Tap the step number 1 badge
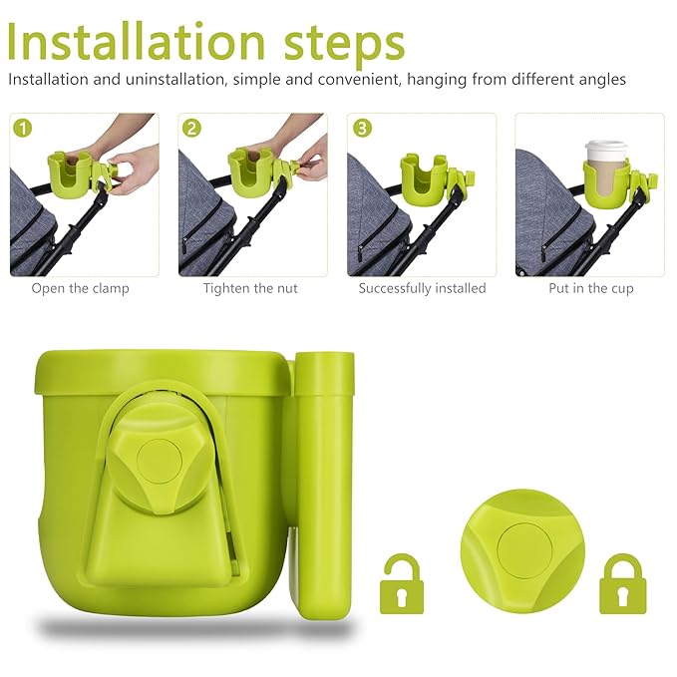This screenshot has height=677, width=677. pyautogui.click(x=23, y=128)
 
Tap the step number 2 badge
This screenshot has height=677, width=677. pyautogui.click(x=191, y=128)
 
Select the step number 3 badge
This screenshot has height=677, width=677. pyautogui.click(x=360, y=128)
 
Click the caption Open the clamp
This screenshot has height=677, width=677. pyautogui.click(x=80, y=288)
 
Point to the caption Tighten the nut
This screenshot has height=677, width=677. pyautogui.click(x=250, y=288)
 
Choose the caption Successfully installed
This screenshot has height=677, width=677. pyautogui.click(x=422, y=288)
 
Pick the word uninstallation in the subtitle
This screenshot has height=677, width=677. pyautogui.click(x=162, y=79)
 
